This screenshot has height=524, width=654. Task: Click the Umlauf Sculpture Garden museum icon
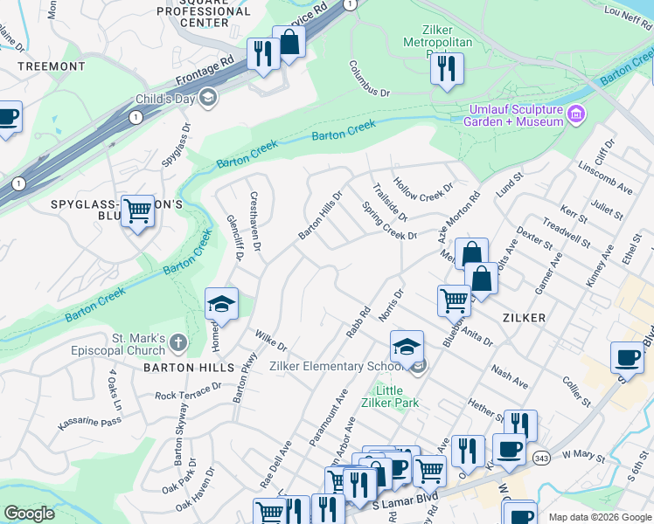coord(576,114)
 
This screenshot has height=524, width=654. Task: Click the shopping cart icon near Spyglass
coord(137,210)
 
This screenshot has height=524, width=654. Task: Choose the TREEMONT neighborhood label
coord(52,66)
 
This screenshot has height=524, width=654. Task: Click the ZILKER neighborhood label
coord(525,318)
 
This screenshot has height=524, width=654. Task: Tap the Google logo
coord(29,514)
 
